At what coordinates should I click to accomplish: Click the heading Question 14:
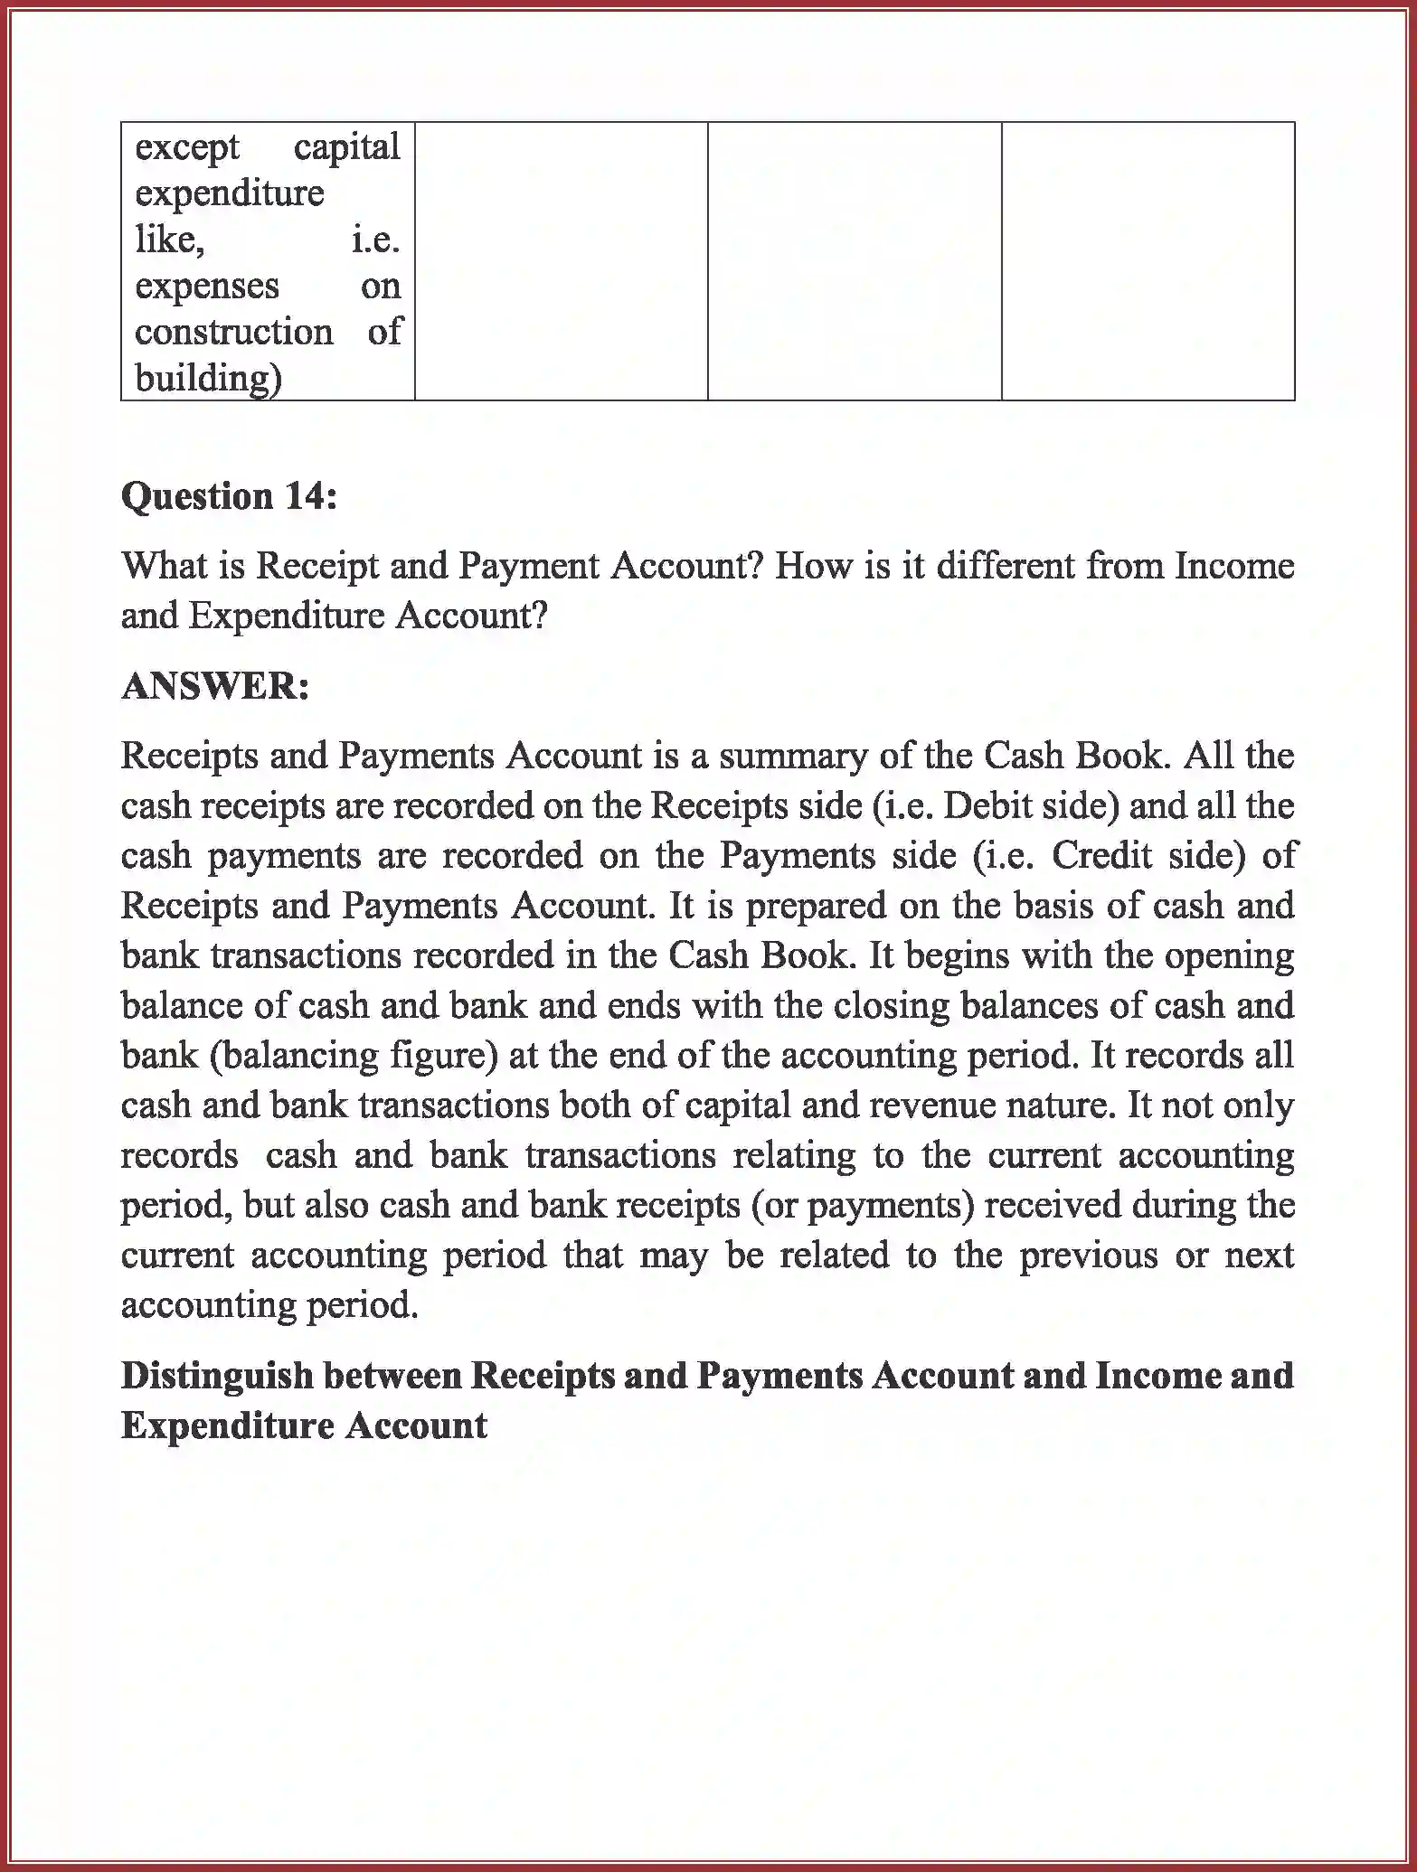pyautogui.click(x=229, y=496)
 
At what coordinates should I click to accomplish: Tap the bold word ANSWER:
pyautogui.click(x=215, y=686)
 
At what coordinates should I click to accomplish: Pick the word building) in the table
pyautogui.click(x=208, y=378)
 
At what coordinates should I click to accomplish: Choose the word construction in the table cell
pyautogui.click(x=234, y=332)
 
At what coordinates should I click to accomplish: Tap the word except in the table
pyautogui.click(x=187, y=147)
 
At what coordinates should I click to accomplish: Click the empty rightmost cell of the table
pyautogui.click(x=1148, y=261)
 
